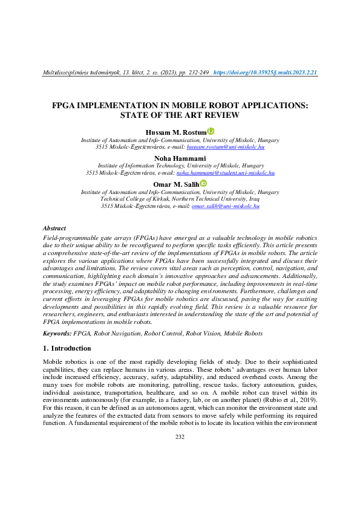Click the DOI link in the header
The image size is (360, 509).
[266, 73]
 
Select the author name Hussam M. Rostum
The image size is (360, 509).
[175, 131]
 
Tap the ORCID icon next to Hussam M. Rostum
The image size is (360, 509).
[211, 131]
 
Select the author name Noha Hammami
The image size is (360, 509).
[180, 158]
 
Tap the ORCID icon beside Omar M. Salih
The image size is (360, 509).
[204, 184]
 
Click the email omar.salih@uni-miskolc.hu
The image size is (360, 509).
[225, 206]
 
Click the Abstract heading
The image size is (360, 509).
[54, 229]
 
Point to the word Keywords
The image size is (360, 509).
[56, 332]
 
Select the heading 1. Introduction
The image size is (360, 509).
[67, 349]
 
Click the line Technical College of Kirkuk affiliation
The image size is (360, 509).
[180, 199]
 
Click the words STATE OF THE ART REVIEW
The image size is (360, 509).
[180, 115]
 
